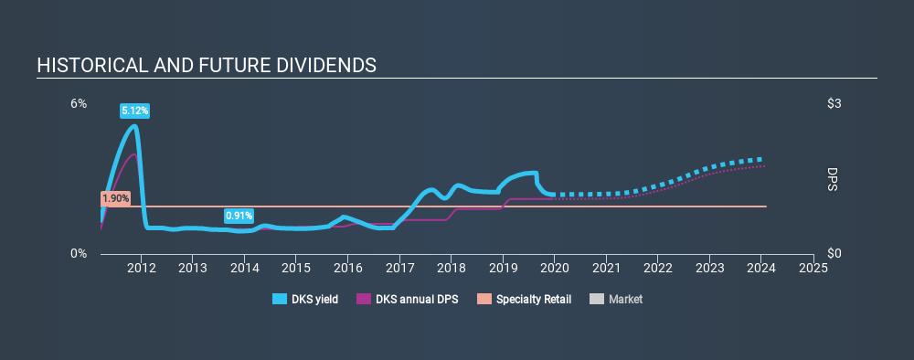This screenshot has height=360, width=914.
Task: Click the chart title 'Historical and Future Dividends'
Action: pos(206,66)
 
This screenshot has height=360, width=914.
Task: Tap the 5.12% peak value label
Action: pos(134,111)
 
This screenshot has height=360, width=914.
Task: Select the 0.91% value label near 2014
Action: pos(239,216)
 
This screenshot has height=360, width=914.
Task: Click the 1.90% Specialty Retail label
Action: pos(116,198)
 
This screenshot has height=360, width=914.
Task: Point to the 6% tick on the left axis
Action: pos(80,104)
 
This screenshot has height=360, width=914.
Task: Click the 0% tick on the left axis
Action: pos(80,253)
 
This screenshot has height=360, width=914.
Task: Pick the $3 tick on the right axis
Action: pos(834,104)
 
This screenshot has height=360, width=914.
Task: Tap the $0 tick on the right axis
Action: pos(834,253)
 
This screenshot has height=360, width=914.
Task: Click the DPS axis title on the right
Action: pos(832,179)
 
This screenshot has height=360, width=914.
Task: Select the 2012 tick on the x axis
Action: pos(141,268)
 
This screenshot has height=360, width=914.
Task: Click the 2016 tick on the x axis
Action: pos(347,268)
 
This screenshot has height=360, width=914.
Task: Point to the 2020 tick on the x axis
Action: pos(554,268)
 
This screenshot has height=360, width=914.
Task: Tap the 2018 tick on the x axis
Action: pos(451,268)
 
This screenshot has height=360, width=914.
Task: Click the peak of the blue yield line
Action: pos(135,125)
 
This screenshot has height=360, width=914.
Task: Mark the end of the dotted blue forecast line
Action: pos(761,159)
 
